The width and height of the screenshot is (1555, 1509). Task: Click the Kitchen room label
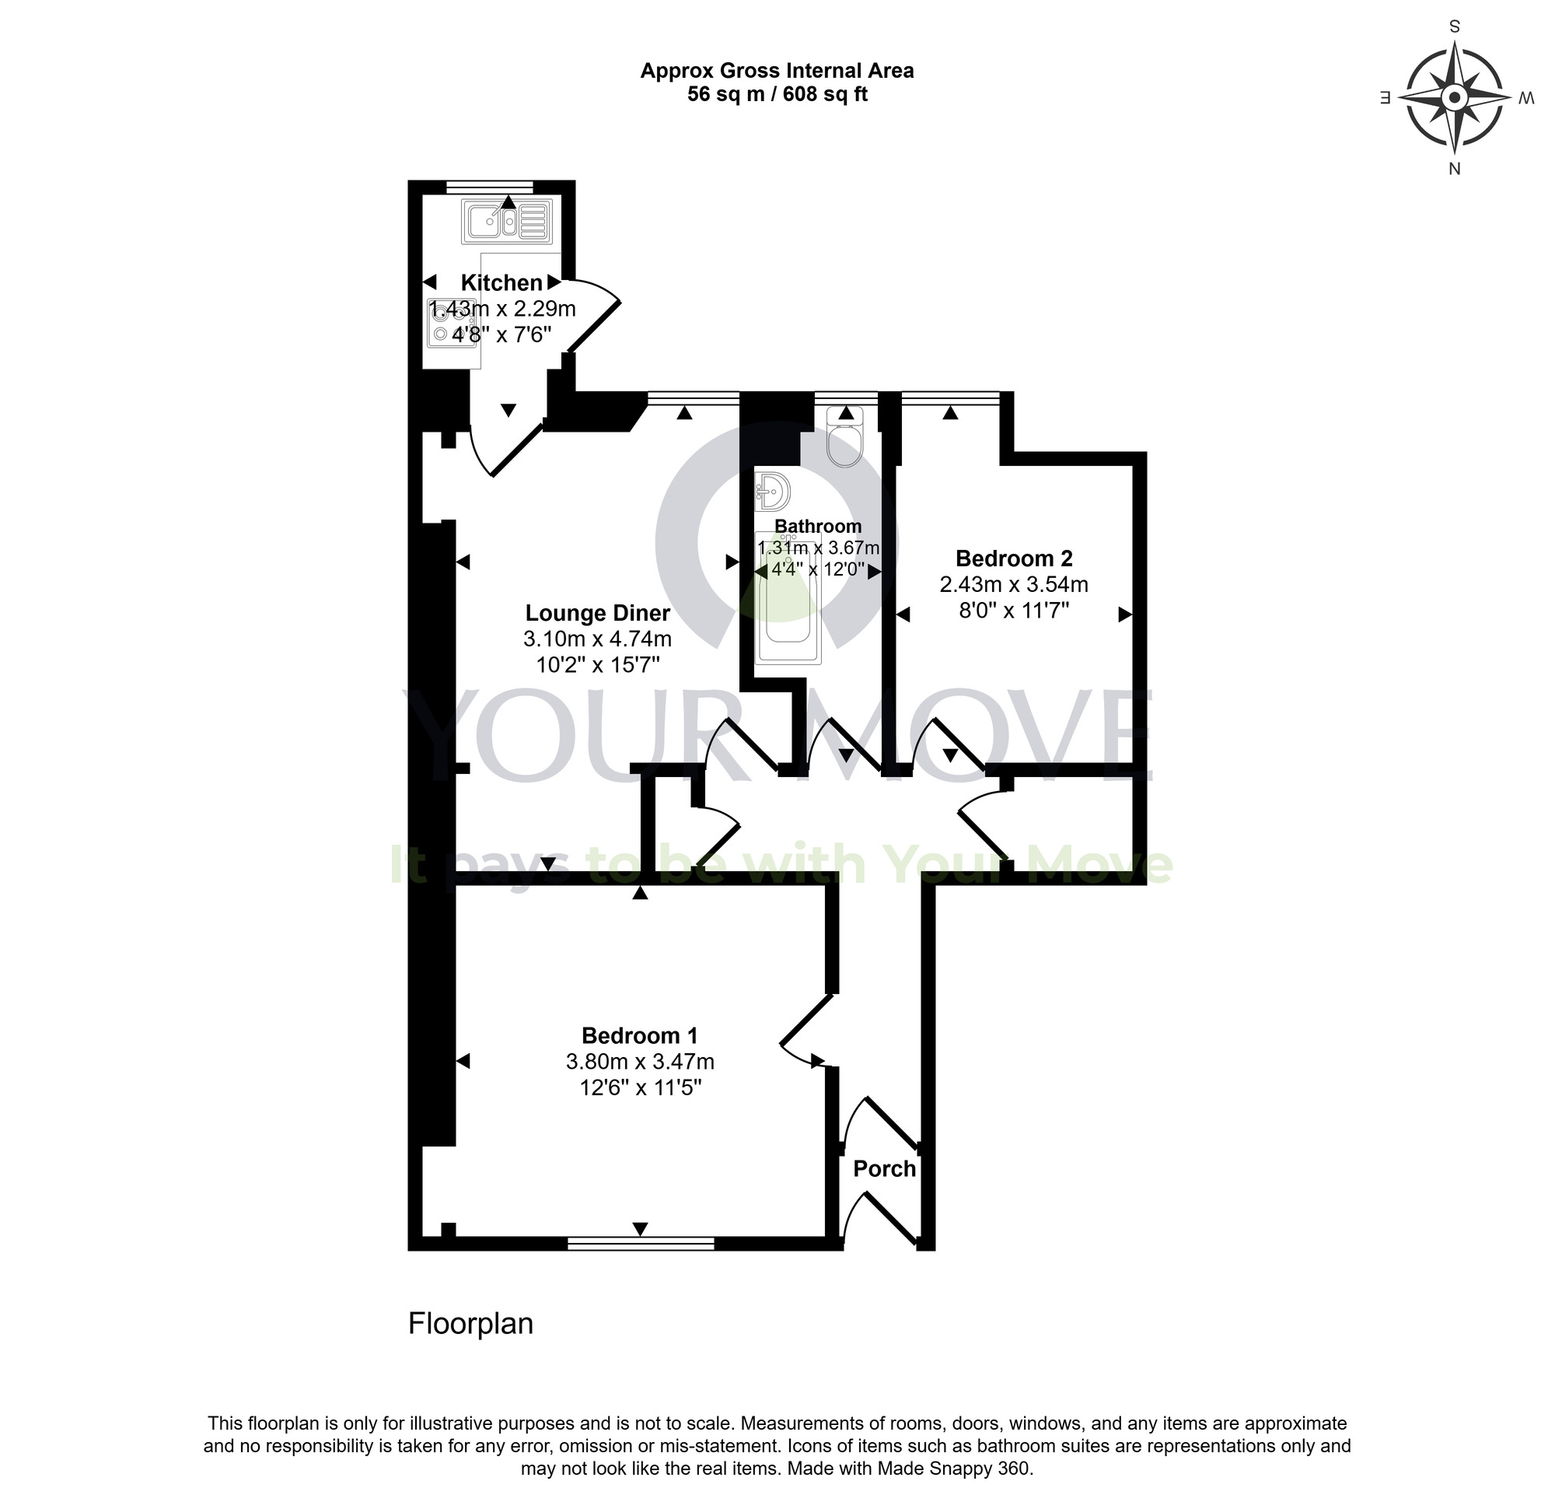pos(501,282)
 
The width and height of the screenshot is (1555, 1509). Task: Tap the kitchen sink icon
pos(505,222)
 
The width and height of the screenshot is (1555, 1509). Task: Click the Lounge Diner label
pos(597,613)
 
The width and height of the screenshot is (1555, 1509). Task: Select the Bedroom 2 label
pos(1014,558)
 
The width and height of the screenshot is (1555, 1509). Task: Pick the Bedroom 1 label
pos(639,1035)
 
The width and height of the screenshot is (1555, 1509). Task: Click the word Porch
pos(885,1168)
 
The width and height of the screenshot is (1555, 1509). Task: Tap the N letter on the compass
pos(1454,169)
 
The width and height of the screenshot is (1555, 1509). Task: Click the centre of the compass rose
pos(1454,99)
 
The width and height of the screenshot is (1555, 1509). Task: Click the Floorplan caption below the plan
pos(470,1323)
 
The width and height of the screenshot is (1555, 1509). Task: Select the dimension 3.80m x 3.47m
pos(639,1061)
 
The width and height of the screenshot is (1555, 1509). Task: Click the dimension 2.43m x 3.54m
pos(1014,585)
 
